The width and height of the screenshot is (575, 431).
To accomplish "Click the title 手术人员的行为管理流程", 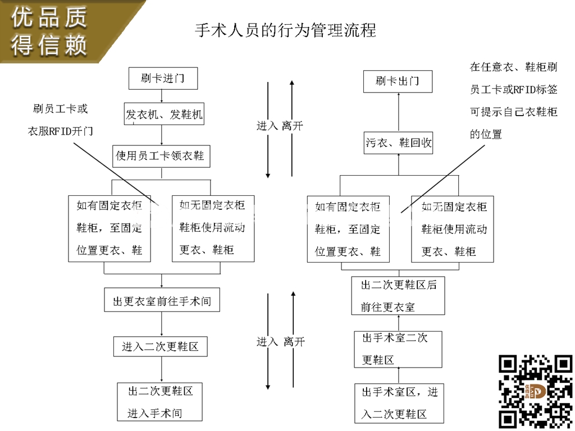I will [x=285, y=30].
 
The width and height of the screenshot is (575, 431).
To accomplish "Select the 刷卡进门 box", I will [x=162, y=79].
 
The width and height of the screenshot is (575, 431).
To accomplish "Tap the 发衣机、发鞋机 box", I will [x=164, y=114].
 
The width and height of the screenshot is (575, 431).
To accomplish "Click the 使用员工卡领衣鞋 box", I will [x=161, y=155].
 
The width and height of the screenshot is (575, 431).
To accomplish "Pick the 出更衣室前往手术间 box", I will [x=162, y=301].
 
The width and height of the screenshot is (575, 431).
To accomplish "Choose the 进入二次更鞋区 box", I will [x=160, y=346].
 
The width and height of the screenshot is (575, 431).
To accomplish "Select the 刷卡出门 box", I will [x=398, y=81].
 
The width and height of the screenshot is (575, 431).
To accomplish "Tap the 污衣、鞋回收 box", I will [x=399, y=143].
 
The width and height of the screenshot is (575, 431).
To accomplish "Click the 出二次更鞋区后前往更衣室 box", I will [x=398, y=295].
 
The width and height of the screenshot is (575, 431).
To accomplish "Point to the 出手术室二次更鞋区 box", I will [x=398, y=349].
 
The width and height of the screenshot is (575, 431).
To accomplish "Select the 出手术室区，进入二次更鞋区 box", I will [x=399, y=403].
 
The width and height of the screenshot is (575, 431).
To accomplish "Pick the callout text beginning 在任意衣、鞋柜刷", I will [x=513, y=100].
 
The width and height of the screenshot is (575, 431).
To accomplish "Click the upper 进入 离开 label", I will [x=280, y=126].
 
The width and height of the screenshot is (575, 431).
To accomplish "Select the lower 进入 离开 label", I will [x=280, y=342].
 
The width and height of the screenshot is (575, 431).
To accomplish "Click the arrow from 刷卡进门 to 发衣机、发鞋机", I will [x=162, y=96].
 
